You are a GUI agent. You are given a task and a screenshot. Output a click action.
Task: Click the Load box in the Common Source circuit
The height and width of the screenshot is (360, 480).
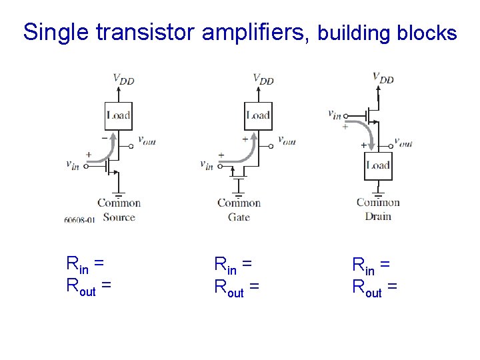coord(118,115)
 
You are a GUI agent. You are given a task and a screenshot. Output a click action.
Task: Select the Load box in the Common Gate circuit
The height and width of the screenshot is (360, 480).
coord(258,115)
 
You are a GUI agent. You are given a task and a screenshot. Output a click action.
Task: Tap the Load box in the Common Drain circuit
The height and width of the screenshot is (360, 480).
coord(378,165)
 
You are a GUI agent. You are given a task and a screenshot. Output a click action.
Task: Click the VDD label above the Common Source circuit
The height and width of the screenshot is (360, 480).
coord(123,79)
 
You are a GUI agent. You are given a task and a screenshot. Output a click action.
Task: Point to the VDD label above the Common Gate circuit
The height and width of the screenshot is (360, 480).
coord(263,79)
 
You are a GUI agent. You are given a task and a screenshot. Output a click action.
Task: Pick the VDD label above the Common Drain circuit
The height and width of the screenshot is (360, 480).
coord(383,78)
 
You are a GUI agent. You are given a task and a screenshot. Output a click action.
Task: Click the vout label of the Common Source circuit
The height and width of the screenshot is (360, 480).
coord(147,140)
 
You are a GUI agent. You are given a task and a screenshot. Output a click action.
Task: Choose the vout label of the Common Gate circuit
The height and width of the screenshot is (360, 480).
coord(287,140)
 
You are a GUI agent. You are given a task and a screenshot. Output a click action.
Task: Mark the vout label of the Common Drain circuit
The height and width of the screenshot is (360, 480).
coord(403,142)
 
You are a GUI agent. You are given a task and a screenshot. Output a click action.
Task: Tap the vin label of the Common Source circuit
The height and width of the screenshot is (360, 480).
coord(73,164)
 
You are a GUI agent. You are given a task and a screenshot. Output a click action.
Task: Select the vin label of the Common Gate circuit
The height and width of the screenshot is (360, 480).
coord(207,165)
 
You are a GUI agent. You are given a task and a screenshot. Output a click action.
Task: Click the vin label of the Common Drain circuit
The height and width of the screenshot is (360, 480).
coord(335,114)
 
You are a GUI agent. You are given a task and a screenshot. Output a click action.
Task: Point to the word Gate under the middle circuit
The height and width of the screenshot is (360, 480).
coord(239,217)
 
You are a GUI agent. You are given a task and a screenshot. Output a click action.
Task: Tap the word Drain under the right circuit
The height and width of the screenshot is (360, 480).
coord(378,216)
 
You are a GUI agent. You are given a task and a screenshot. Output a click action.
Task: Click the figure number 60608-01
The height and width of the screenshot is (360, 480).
coord(79,219)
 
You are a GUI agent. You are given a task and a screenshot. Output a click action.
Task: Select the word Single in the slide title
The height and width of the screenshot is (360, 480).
coord(54,32)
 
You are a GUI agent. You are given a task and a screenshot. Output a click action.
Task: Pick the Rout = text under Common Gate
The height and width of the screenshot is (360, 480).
coord(236,287)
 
